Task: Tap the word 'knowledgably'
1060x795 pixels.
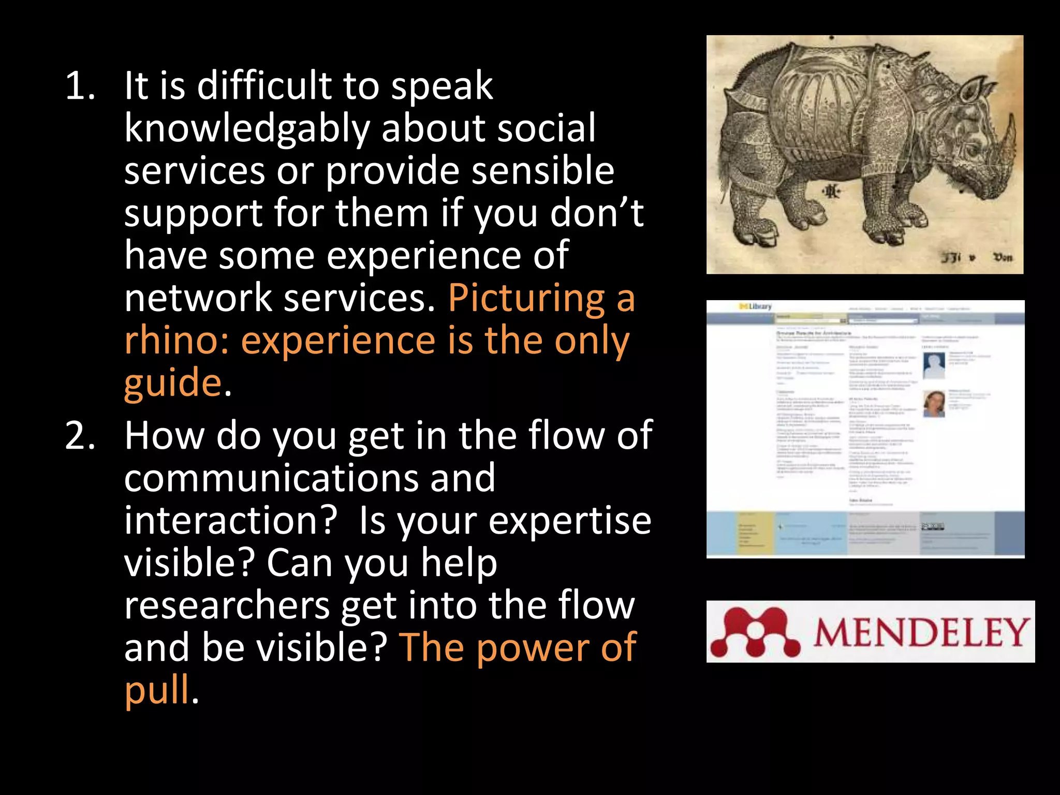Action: [247, 128]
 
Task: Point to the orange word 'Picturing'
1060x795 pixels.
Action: [526, 298]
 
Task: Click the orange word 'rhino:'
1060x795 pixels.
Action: [177, 341]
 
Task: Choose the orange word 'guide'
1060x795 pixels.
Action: [173, 383]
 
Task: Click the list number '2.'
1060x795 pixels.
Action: [80, 436]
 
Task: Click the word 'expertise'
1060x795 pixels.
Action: [569, 521]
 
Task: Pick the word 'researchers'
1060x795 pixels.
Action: [227, 606]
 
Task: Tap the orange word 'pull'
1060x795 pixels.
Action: [157, 690]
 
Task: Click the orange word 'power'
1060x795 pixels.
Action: [532, 647]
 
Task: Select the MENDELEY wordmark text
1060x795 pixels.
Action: [920, 632]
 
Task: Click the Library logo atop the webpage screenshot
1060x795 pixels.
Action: [756, 307]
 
